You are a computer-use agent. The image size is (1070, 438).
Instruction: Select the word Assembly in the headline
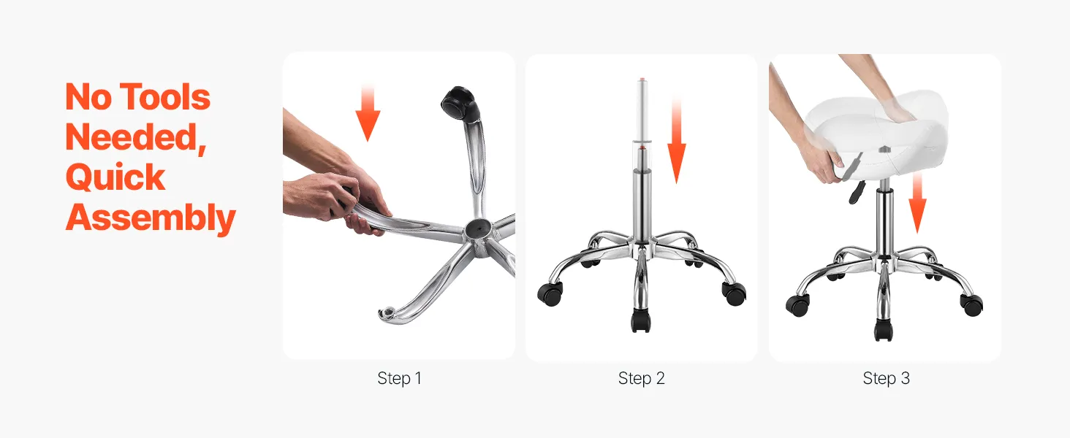point(151,218)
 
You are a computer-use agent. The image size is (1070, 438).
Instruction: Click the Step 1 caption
point(399,378)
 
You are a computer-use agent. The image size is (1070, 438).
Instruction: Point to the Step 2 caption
point(641,378)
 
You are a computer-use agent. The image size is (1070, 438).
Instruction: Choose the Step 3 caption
point(886,378)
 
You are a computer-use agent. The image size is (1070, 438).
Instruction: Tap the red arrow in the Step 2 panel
point(676,140)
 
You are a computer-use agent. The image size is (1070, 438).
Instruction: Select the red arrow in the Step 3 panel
point(917,203)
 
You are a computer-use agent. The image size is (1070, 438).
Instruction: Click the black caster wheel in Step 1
point(460,104)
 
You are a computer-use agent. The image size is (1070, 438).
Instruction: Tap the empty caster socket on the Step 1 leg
point(388,313)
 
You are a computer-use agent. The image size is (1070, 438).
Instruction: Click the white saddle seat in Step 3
point(876,134)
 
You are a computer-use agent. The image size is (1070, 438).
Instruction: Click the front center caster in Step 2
point(640,321)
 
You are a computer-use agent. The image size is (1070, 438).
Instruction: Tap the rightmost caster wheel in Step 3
point(971,305)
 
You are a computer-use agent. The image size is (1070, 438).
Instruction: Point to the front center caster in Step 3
point(884,330)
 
